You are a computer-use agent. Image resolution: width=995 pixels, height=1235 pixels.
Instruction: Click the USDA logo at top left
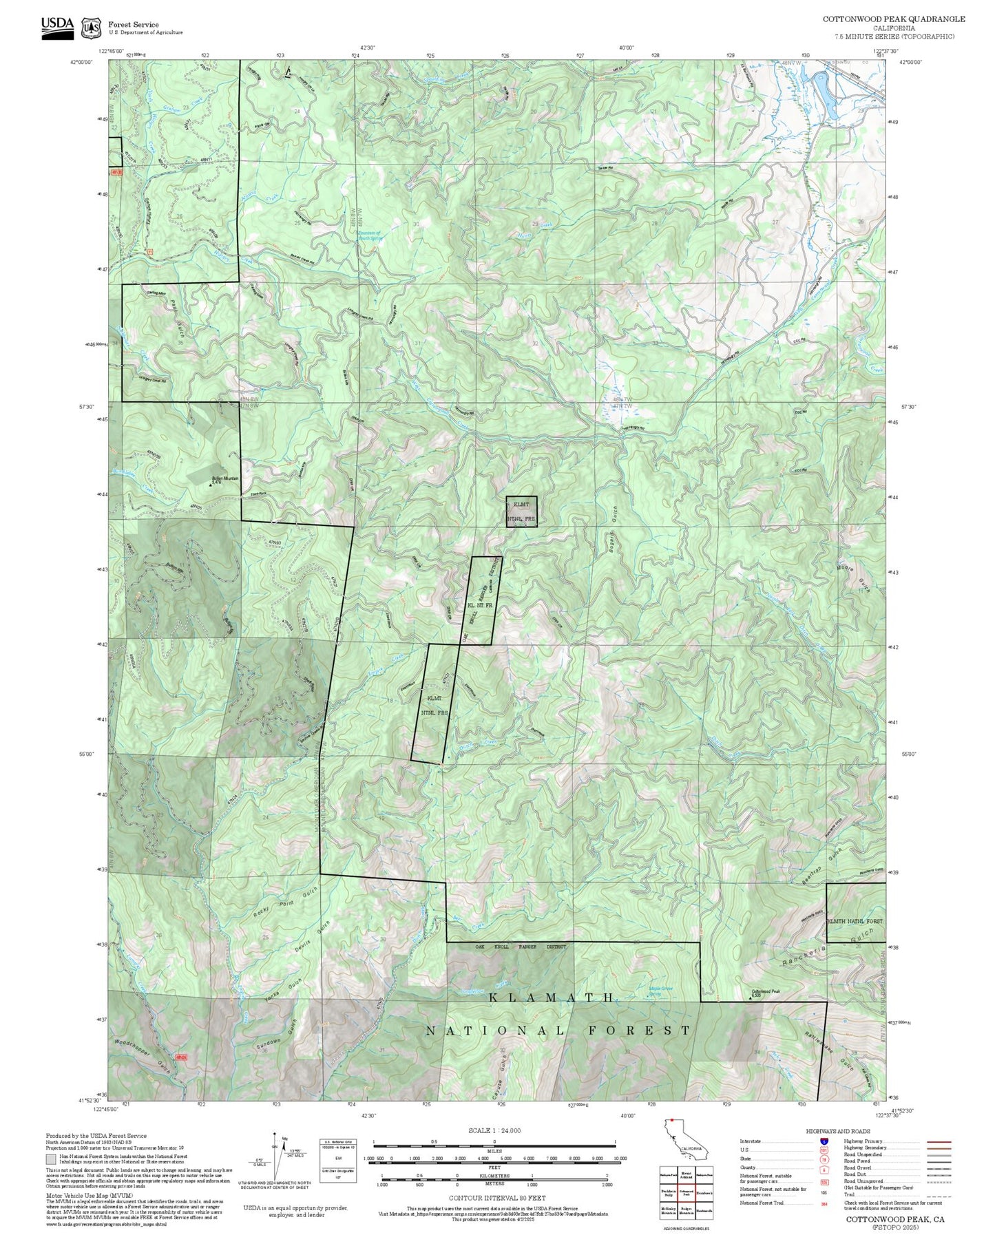click(x=57, y=27)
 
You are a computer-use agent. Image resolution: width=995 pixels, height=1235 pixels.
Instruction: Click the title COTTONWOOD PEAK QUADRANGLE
click(x=893, y=19)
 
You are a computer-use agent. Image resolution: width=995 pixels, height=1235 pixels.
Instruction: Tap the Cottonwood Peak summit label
click(x=765, y=993)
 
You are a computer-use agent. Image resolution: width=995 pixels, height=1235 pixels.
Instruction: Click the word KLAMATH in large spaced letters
click(x=552, y=997)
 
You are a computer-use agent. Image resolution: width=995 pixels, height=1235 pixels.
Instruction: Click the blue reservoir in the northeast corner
click(x=825, y=94)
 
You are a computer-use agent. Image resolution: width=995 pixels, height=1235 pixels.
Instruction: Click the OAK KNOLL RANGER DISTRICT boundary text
click(x=520, y=947)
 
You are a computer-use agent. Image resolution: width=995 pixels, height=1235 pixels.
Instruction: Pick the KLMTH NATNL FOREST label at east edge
click(x=855, y=920)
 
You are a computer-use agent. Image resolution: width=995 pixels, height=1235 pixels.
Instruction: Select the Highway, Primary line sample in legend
click(x=939, y=1141)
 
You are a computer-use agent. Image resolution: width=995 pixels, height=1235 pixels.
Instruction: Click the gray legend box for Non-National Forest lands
click(x=51, y=1159)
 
